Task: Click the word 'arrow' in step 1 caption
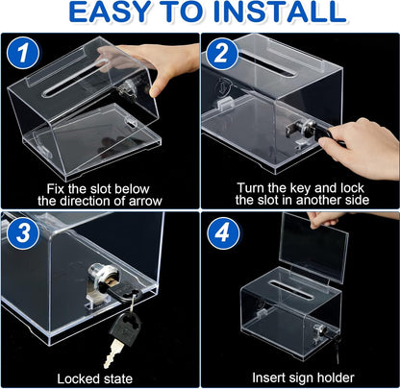(x=141, y=201)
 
